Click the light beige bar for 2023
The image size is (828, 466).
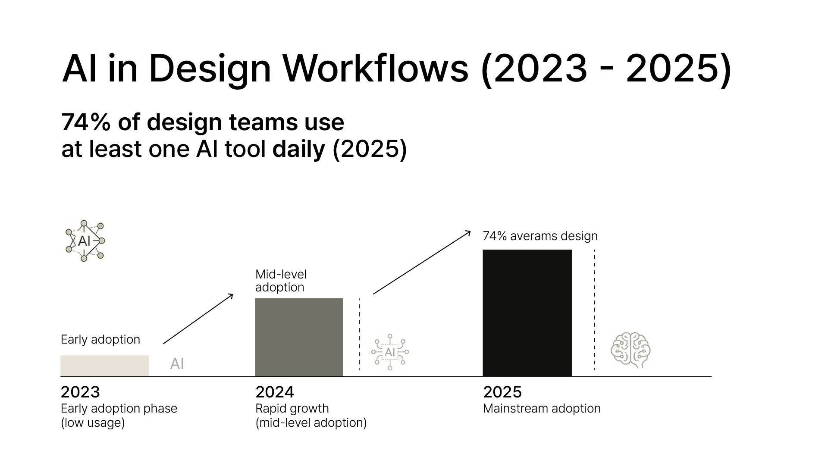(x=105, y=366)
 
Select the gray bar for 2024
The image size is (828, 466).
(x=299, y=338)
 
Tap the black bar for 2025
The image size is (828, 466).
(x=527, y=313)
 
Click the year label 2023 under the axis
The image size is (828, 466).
(x=80, y=392)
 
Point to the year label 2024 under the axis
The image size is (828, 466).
(x=275, y=392)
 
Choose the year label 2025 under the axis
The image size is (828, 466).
(x=502, y=392)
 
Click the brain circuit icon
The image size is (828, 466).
(x=630, y=350)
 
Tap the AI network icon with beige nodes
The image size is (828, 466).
(x=85, y=241)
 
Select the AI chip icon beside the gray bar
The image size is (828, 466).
(x=390, y=352)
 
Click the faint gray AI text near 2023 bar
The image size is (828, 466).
(x=177, y=364)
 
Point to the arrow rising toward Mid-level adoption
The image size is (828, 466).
(x=198, y=319)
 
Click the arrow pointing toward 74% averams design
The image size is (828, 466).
(x=422, y=263)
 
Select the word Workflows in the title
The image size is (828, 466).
(x=375, y=68)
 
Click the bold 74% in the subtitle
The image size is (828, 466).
(x=86, y=122)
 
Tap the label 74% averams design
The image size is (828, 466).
(x=540, y=236)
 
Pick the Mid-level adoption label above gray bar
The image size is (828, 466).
(x=281, y=281)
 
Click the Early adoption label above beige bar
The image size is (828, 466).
(x=100, y=340)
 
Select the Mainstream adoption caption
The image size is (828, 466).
(x=542, y=408)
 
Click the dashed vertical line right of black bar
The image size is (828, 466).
(x=594, y=310)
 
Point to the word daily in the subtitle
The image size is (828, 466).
(x=299, y=150)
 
